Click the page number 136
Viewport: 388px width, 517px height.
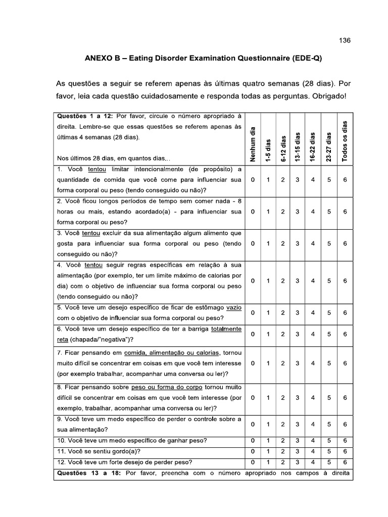345,41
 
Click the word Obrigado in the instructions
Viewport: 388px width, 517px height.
327,96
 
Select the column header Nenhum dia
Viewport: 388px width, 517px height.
253,143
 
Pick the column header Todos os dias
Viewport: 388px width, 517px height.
345,141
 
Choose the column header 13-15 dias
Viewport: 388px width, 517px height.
299,146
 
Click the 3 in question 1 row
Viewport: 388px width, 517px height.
299,180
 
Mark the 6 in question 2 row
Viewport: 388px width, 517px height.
345,212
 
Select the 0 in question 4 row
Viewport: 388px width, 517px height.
253,281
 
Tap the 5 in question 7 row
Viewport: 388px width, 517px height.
329,363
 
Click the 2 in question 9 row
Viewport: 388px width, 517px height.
283,425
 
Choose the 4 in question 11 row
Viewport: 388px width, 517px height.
313,451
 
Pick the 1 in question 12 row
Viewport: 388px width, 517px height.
268,462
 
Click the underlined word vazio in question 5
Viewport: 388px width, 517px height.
234,307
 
